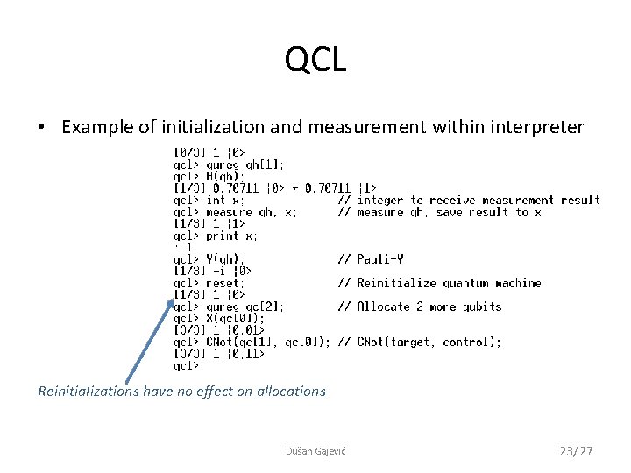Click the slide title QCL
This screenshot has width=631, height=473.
[x=315, y=60]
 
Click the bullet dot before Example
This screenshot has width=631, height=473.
[x=42, y=128]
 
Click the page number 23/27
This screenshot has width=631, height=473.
[x=576, y=451]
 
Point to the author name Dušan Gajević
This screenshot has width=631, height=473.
[x=315, y=451]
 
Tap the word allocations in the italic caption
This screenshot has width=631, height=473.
[x=291, y=392]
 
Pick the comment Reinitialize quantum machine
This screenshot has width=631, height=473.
[x=449, y=283]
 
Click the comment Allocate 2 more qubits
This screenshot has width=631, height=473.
[x=429, y=307]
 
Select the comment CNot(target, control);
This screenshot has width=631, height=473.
[x=429, y=342]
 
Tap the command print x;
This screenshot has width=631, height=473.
[x=231, y=236]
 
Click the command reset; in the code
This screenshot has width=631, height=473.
[x=225, y=283]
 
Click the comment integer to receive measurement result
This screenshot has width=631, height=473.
[x=479, y=200]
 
